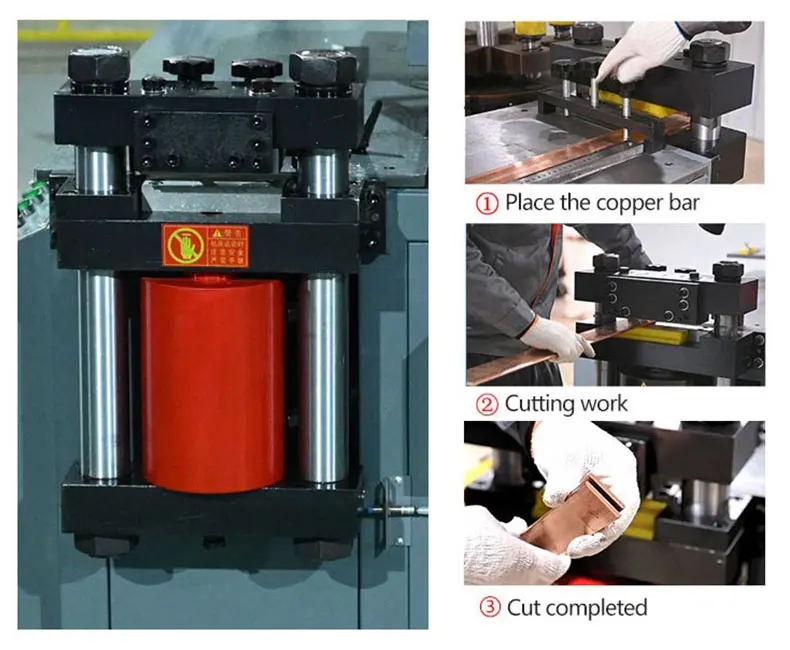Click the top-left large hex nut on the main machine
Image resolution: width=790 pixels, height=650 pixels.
(99, 67)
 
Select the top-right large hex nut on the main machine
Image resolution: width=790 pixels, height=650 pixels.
(324, 67)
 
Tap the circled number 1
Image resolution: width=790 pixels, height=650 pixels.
(486, 203)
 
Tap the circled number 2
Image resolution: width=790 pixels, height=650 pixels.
(486, 404)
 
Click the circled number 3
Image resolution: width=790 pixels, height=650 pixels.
(486, 607)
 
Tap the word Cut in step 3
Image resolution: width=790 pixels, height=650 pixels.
(524, 607)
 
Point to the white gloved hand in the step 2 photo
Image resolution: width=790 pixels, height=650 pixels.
(553, 336)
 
